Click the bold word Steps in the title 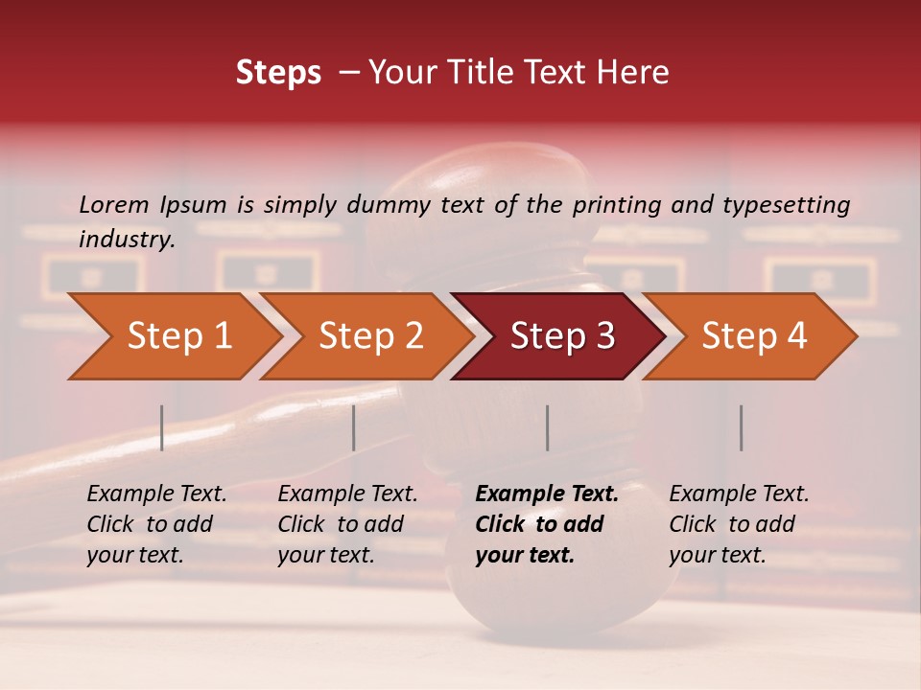(x=278, y=73)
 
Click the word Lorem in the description (x=114, y=205)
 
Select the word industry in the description (x=126, y=240)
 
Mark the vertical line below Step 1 (x=162, y=427)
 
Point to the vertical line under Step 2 (x=354, y=427)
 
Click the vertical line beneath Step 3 (x=548, y=427)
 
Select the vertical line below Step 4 (x=741, y=427)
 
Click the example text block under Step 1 (x=156, y=524)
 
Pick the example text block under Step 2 (x=347, y=524)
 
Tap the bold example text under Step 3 (x=546, y=524)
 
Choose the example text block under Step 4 (x=739, y=524)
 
